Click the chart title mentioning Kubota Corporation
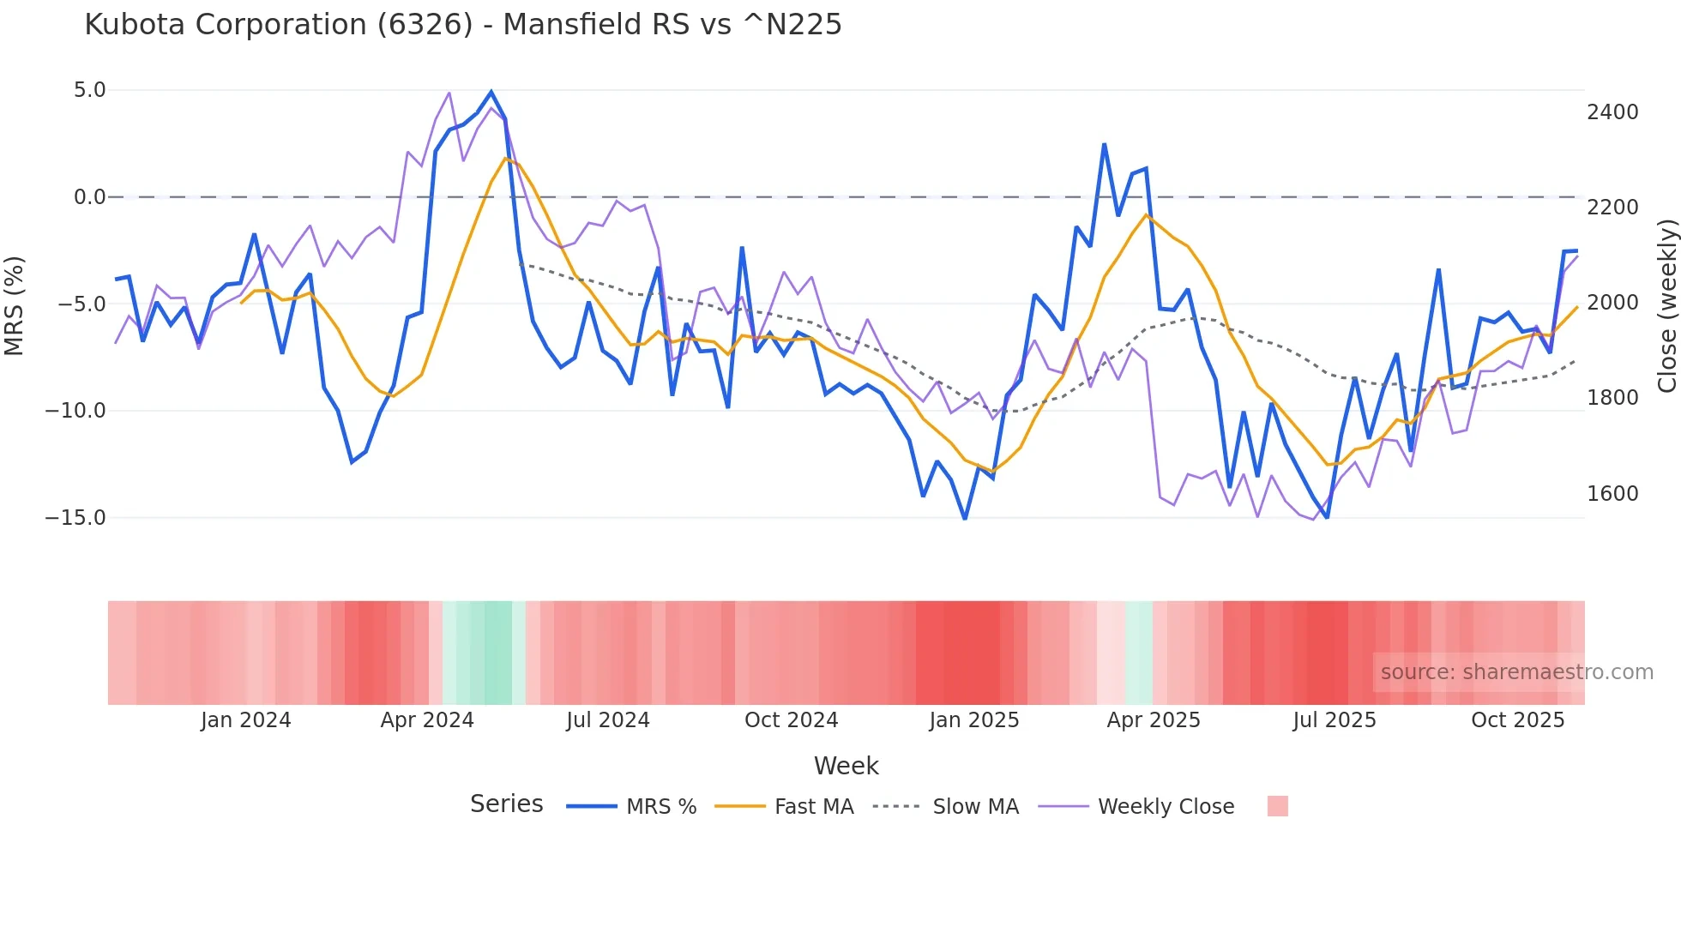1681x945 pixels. [x=463, y=25]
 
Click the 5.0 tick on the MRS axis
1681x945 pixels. [x=89, y=90]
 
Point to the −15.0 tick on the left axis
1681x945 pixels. [x=75, y=518]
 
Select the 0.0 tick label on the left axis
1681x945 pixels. [x=89, y=197]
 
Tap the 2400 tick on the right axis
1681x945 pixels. [x=1612, y=112]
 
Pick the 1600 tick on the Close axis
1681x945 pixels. [x=1612, y=494]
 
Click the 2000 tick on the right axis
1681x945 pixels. [x=1612, y=303]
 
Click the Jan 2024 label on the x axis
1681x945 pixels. [x=246, y=720]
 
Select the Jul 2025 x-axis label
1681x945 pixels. [x=1335, y=720]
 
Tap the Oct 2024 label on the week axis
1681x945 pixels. [x=791, y=720]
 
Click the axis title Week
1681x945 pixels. [x=846, y=766]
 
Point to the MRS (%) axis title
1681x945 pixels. [x=15, y=305]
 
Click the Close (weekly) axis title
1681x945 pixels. [x=1666, y=305]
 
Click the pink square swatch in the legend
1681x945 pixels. [x=1277, y=806]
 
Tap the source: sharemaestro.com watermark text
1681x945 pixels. [x=1516, y=672]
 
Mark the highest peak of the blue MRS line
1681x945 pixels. [x=491, y=92]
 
